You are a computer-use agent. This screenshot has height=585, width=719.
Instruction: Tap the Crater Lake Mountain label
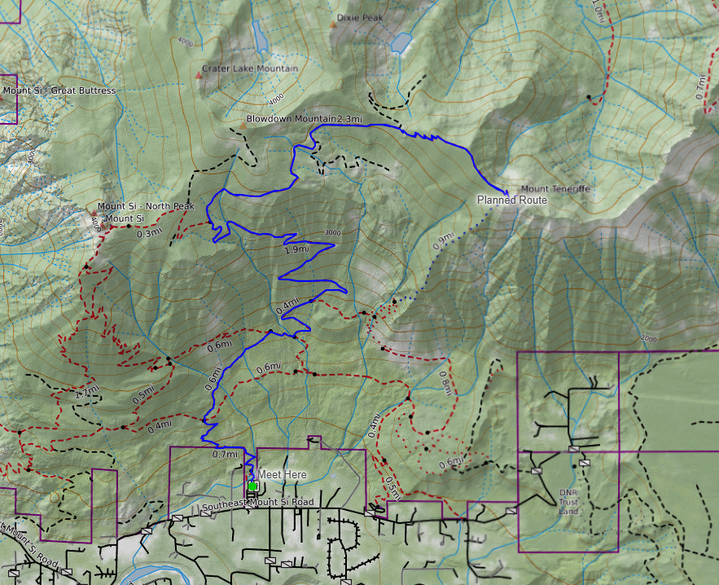tap(249, 68)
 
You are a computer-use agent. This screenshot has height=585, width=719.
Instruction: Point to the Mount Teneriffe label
tap(555, 189)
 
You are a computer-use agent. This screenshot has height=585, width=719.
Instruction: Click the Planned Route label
tap(511, 200)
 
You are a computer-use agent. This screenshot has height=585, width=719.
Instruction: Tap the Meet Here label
tap(283, 474)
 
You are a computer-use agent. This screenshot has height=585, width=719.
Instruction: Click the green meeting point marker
tap(252, 486)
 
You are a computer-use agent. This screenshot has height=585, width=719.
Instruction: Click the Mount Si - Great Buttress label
tap(59, 90)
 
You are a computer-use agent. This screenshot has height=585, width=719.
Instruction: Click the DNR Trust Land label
tap(568, 502)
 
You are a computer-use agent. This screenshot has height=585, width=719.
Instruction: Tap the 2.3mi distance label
tap(349, 119)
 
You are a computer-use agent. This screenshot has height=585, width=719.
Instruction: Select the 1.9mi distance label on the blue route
tap(296, 249)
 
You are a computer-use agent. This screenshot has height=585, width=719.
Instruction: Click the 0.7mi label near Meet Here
tap(224, 454)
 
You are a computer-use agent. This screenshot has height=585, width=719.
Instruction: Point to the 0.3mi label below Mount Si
tap(149, 233)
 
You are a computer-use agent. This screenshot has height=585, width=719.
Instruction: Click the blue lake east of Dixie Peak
tap(401, 42)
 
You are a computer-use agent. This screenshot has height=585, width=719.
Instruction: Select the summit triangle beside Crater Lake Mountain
tap(199, 76)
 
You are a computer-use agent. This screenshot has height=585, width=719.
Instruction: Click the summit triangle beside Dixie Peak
tap(332, 24)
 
